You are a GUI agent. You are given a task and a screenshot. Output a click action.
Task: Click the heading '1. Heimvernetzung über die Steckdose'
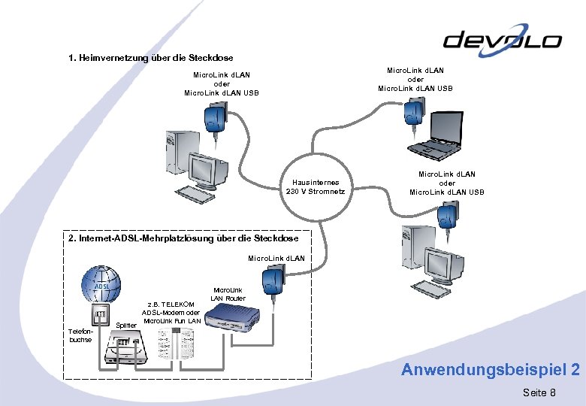click(x=150, y=58)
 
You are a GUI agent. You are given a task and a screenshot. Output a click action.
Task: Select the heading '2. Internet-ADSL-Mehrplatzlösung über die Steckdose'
click(x=183, y=238)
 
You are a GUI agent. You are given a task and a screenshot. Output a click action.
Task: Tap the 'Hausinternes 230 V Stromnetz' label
click(x=316, y=186)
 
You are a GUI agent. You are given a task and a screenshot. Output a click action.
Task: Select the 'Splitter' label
click(x=128, y=325)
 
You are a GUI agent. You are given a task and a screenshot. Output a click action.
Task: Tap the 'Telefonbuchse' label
click(x=80, y=335)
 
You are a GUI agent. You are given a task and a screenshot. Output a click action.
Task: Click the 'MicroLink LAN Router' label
click(x=228, y=294)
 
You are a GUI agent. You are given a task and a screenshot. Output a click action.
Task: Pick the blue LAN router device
click(x=234, y=320)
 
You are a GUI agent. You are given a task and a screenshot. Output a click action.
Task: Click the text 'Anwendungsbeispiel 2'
click(x=490, y=369)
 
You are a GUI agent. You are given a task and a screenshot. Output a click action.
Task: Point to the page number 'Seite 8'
click(x=539, y=392)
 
